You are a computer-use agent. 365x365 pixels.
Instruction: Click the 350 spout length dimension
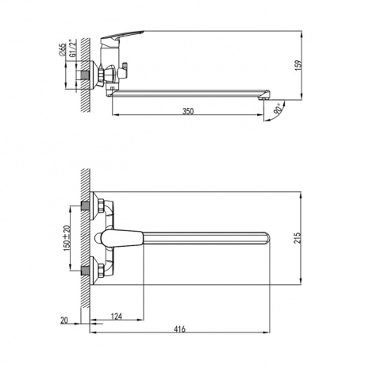[x=188, y=111]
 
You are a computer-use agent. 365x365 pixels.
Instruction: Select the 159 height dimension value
[x=298, y=65]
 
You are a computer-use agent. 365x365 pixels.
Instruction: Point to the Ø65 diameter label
[x=63, y=49]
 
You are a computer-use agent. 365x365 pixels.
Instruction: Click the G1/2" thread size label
[x=72, y=48]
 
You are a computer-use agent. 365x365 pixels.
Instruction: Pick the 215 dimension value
[x=298, y=238]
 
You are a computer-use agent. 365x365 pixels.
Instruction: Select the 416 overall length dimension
[x=180, y=329]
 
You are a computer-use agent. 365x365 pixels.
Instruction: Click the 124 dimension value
[x=117, y=316]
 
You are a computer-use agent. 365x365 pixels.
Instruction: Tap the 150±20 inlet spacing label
[x=67, y=238]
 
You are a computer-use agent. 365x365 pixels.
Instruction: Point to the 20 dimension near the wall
[x=64, y=321]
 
